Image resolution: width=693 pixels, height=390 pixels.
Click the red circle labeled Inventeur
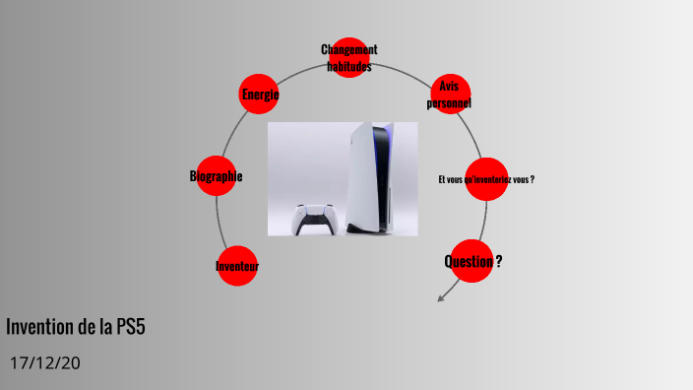pos(236,266)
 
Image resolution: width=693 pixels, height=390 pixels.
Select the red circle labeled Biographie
pos(216,176)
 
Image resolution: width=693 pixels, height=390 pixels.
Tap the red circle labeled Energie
pos(260,95)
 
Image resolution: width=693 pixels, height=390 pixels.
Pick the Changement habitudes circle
pos(349,57)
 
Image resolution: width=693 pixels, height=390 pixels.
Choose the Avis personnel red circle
pos(450,95)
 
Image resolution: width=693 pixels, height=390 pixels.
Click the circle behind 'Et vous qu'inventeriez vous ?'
pos(486,179)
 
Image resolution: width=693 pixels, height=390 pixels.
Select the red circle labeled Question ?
pos(472,261)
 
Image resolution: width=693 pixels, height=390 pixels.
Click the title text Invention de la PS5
pos(76,328)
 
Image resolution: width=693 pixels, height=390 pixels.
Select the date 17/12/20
pos(44,363)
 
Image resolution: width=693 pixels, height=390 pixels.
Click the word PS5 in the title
pos(129,328)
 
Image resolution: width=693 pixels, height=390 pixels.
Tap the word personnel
pos(449,102)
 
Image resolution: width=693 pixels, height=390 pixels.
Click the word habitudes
pos(349,65)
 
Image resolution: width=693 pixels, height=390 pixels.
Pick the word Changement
pos(349,50)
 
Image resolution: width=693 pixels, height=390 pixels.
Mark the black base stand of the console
pos(366,229)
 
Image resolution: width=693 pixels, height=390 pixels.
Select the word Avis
pos(450,87)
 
